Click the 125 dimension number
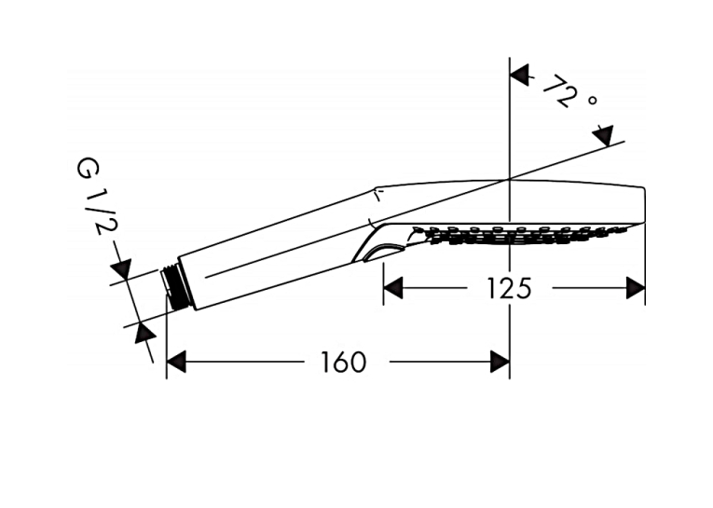509,288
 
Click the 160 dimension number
343,362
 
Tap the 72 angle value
560,90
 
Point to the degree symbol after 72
592,100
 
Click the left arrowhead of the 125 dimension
393,288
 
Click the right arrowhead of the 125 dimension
636,288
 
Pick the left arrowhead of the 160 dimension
176,362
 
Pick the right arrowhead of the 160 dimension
500,362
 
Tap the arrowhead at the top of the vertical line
520,75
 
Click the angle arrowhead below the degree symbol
603,135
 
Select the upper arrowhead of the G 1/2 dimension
122,268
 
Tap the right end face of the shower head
645,205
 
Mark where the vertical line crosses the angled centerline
509,178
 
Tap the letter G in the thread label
87,168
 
